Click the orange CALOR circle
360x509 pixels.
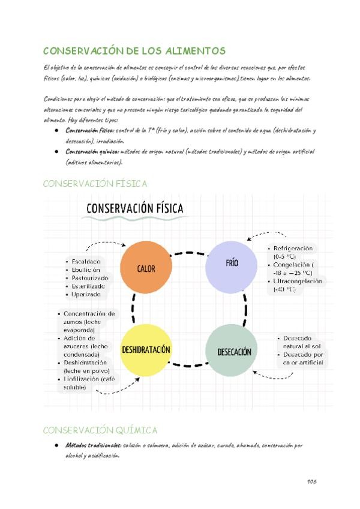click(146, 268)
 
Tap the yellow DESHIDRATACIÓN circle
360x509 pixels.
click(146, 349)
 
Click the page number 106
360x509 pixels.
click(311, 481)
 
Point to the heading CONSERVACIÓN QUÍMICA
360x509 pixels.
click(100, 430)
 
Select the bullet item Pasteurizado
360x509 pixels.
click(90, 278)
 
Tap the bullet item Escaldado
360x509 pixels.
click(87, 262)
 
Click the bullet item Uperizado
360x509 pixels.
click(88, 295)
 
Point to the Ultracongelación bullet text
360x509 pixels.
click(298, 281)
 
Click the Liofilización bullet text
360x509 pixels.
click(90, 379)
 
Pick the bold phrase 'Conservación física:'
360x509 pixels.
click(91, 130)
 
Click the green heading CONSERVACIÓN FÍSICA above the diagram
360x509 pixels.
click(95, 184)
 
